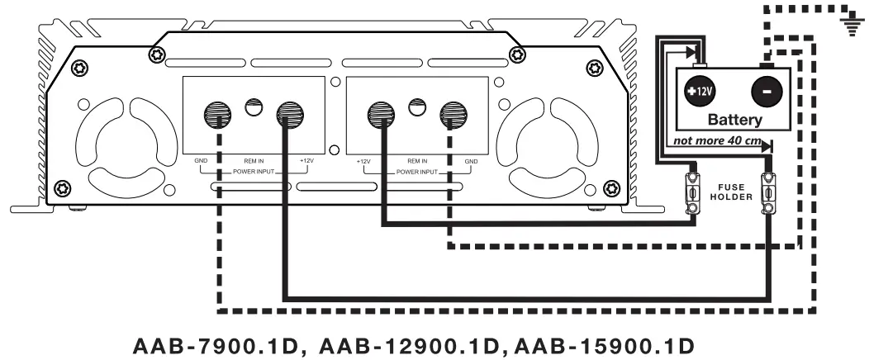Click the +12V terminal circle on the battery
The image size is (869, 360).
click(701, 91)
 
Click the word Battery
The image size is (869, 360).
click(735, 121)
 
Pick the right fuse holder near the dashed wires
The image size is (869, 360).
click(767, 194)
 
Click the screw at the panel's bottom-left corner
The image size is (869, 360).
click(61, 189)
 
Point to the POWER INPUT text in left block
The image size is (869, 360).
click(253, 172)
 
